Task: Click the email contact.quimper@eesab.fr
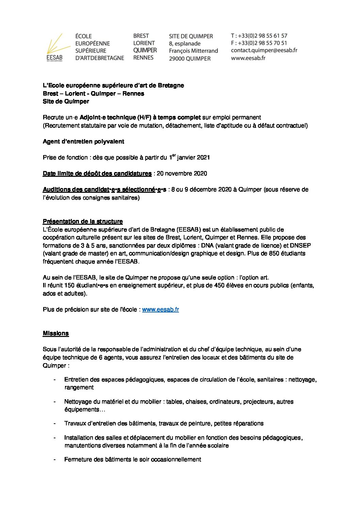coord(264,50)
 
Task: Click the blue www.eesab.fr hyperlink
coord(160,309)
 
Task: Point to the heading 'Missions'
coord(56,333)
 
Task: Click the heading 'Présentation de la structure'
coord(83,221)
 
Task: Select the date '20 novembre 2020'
coord(182,173)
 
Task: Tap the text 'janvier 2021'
coord(194,157)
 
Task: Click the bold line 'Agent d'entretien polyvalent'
coord(83,141)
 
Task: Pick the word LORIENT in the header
coord(144,43)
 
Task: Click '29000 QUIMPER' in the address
coord(190,58)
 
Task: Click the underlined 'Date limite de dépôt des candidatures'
coord(97,173)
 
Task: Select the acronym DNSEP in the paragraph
coord(300,245)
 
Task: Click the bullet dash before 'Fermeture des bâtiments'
coord(54,459)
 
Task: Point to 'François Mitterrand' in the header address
coord(193,51)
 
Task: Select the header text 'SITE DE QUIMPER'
coord(191,36)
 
